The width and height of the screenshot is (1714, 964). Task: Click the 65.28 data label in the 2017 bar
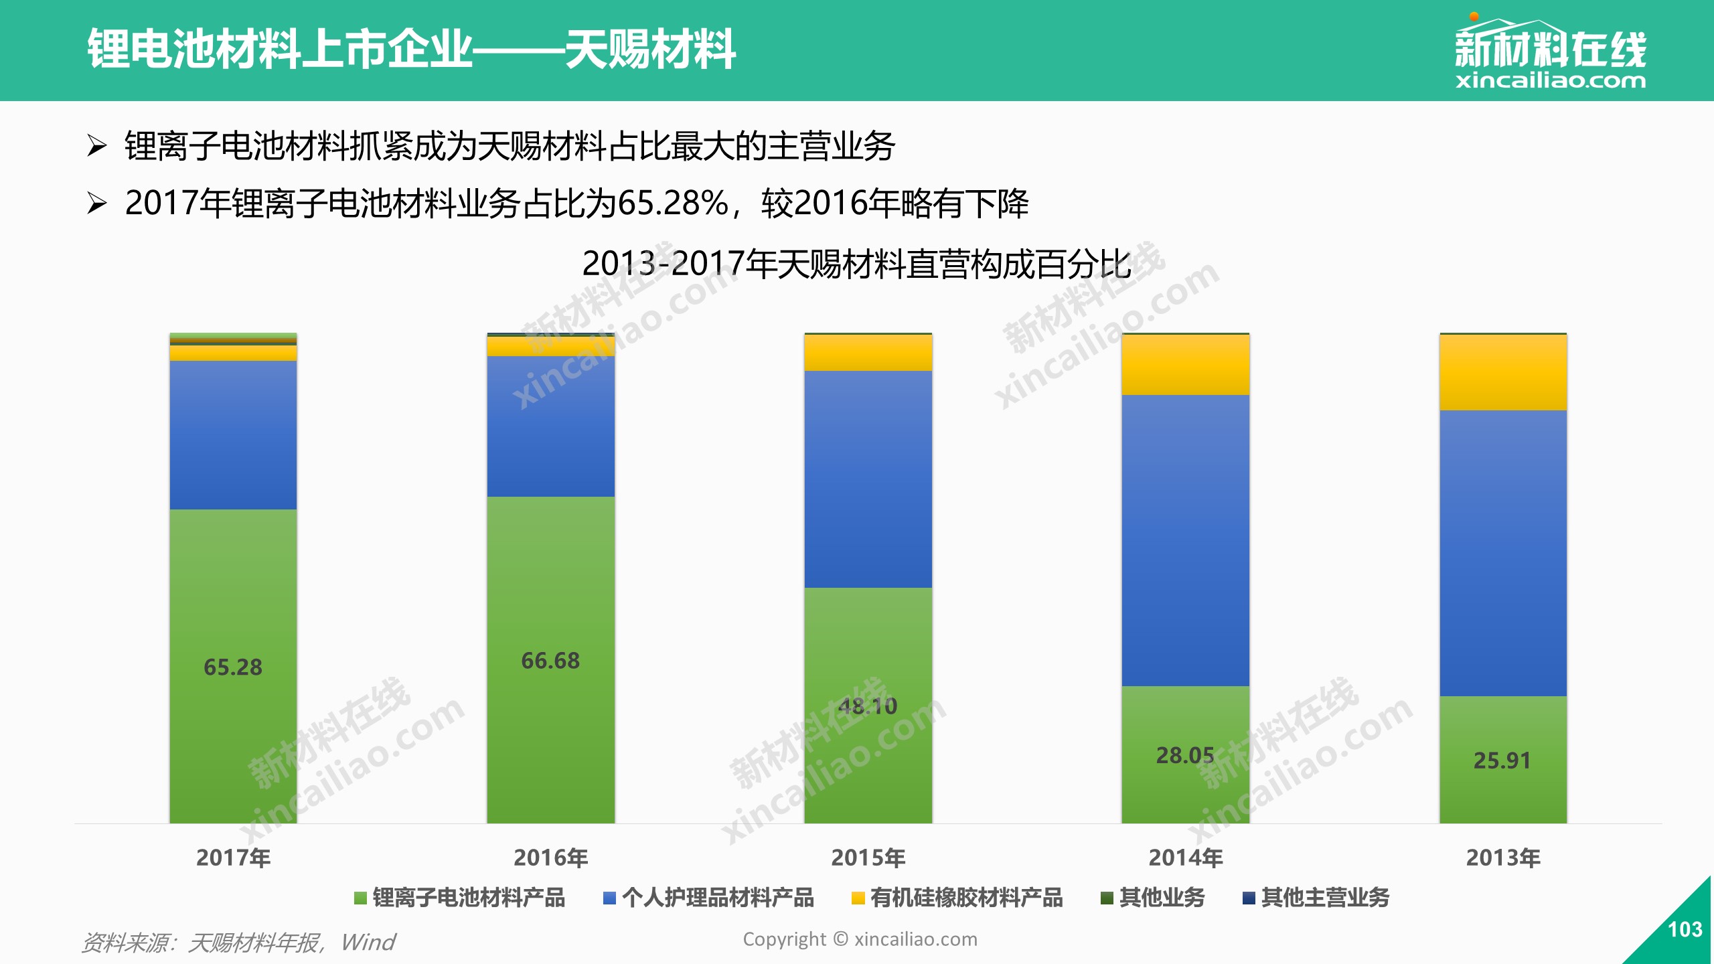233,667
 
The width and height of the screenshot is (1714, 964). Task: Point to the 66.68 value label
550,661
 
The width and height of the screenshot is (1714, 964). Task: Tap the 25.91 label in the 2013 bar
1502,760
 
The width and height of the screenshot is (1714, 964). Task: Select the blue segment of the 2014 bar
1186,540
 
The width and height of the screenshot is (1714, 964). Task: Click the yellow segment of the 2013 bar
1503,372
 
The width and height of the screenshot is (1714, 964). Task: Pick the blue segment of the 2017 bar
233,435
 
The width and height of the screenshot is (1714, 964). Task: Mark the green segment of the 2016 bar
550,660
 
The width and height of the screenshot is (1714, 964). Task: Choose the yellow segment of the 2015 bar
868,353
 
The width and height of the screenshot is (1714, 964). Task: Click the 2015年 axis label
868,858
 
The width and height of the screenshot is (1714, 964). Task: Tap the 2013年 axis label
1503,858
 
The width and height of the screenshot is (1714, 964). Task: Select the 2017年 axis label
233,858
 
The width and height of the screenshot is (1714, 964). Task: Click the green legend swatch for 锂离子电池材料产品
360,898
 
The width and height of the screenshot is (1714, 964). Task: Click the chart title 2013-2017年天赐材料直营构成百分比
857,264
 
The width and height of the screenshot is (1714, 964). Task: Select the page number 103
1685,929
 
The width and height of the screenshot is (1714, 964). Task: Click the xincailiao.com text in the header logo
1551,81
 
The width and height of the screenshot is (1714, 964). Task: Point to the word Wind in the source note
368,942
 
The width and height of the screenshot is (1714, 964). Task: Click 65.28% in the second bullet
674,204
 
